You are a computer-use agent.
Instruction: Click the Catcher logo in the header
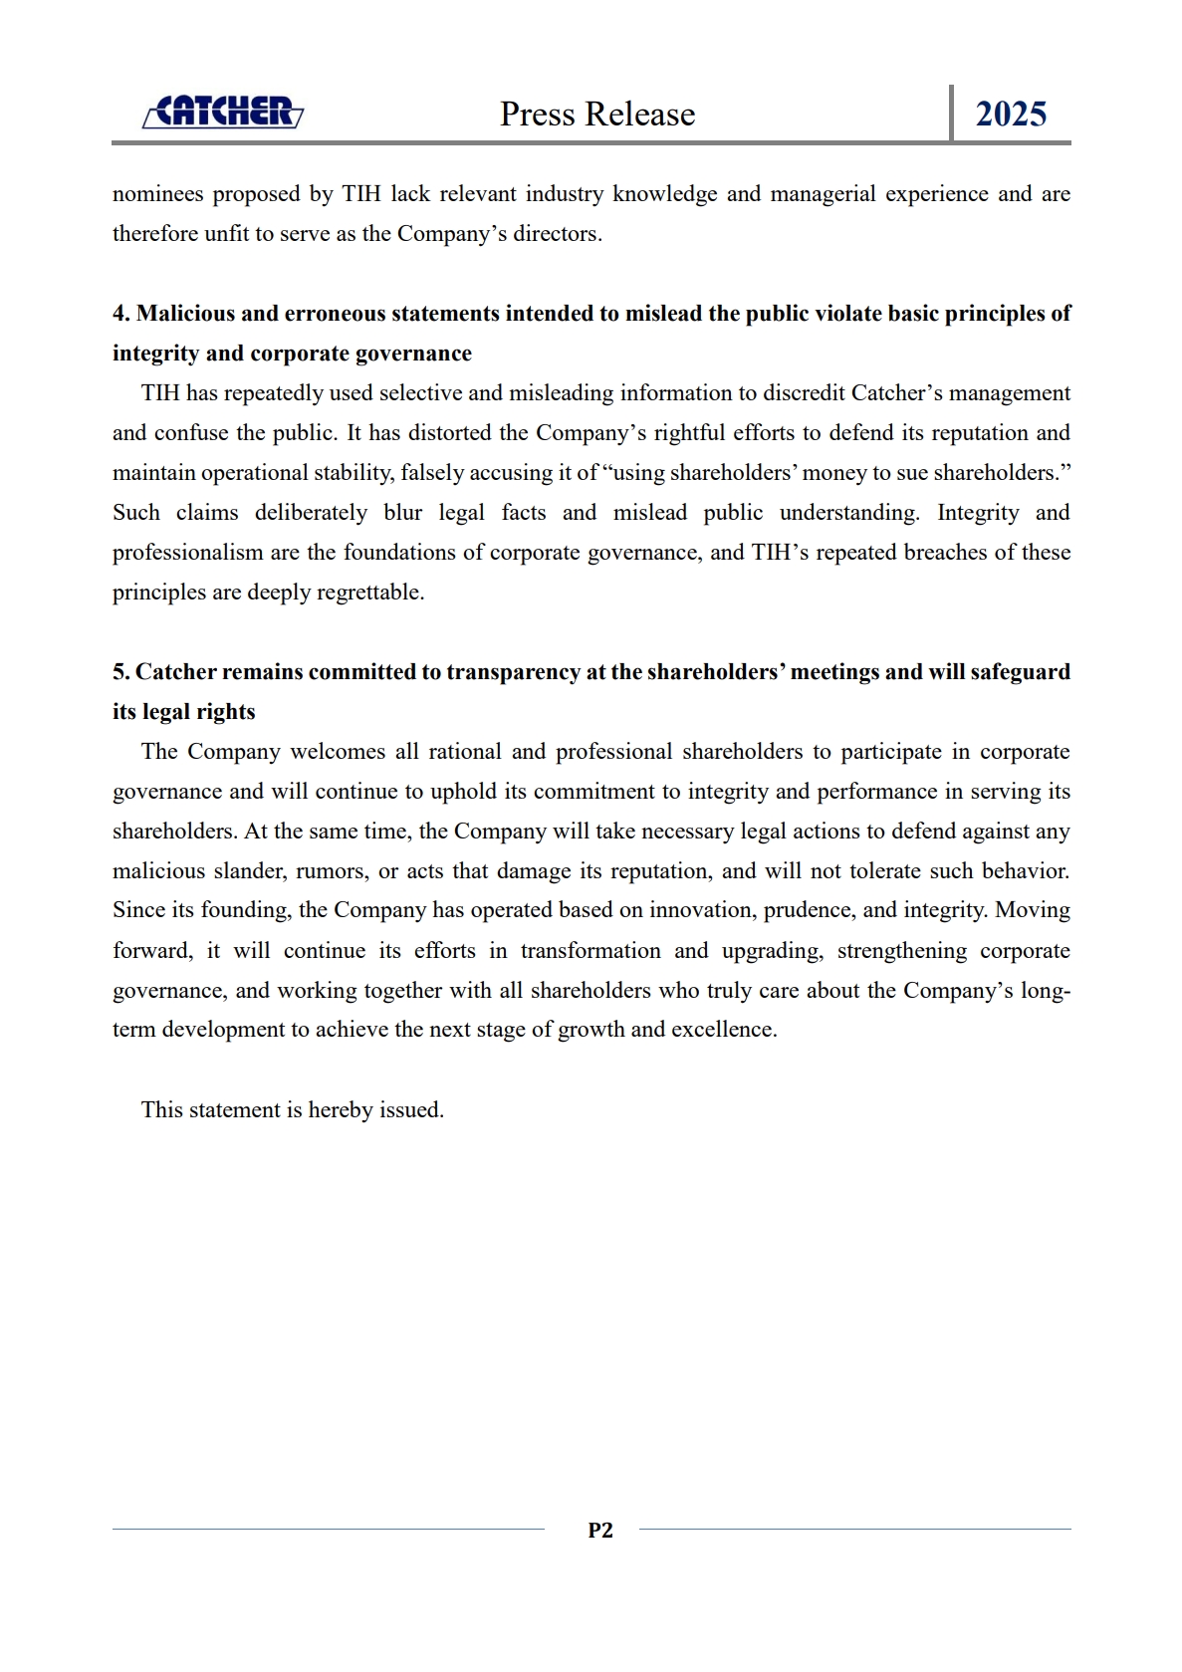(223, 113)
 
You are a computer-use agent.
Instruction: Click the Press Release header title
(597, 115)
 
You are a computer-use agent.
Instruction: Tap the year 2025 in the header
(1011, 115)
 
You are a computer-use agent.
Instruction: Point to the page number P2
(600, 1531)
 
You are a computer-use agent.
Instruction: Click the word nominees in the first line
(158, 194)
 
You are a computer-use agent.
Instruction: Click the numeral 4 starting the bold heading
(119, 314)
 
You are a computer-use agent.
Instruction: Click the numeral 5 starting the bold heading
(119, 672)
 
